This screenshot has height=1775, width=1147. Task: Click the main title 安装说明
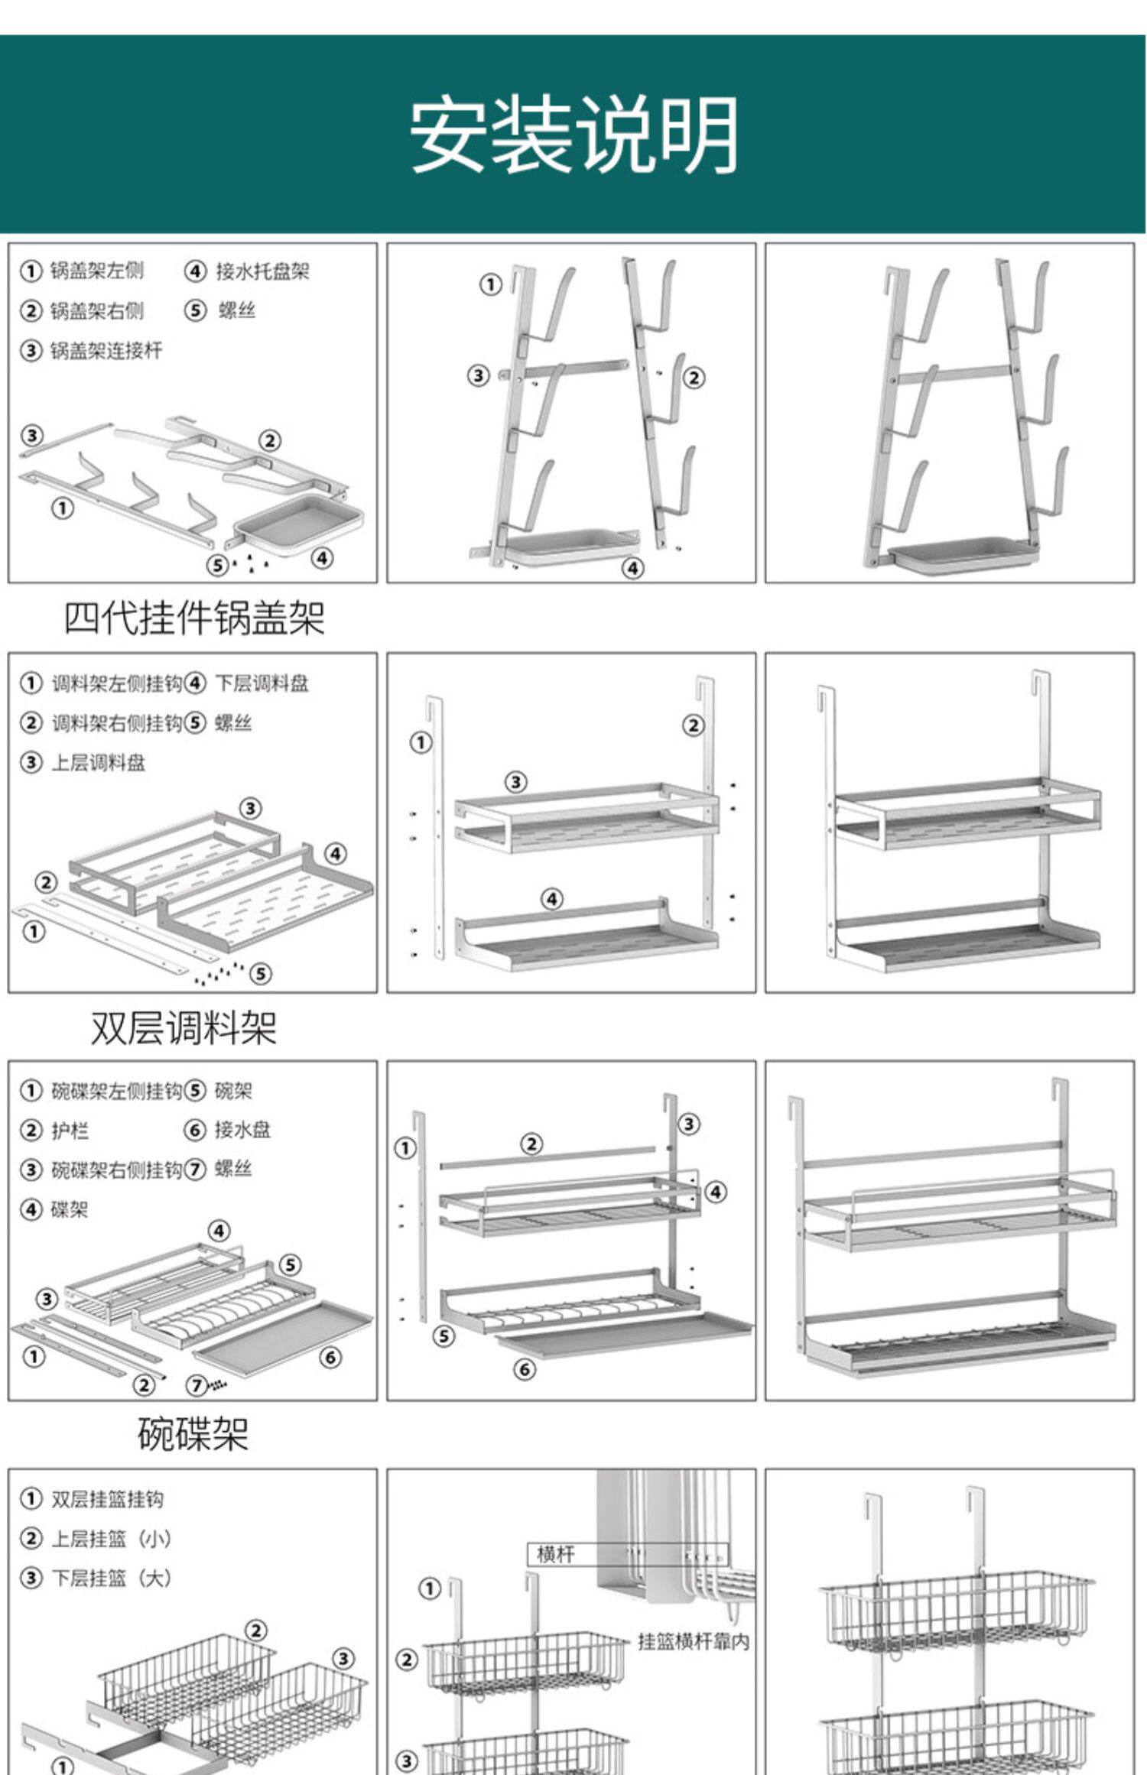573,135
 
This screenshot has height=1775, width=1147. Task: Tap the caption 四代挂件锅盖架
193,618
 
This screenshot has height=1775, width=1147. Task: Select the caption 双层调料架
184,1027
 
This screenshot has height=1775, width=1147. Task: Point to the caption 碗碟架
193,1434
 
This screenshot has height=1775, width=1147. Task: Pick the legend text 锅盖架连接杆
106,351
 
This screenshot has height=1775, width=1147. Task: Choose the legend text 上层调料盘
98,763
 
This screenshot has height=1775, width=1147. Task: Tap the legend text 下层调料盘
262,683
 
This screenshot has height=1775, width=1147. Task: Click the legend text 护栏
70,1131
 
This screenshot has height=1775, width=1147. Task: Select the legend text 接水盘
242,1130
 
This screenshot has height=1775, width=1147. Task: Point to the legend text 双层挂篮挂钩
107,1499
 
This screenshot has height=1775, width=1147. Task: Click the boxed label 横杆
555,1555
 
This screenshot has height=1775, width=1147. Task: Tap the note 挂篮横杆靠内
694,1641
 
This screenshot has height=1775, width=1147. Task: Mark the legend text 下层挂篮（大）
111,1579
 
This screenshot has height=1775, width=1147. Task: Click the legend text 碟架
70,1209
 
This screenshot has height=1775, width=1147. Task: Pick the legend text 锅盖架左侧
97,271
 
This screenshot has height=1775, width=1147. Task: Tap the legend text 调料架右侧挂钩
117,723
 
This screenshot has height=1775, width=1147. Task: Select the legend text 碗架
233,1091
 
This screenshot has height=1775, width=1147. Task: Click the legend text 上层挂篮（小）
111,1539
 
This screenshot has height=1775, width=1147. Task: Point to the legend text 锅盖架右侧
97,311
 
